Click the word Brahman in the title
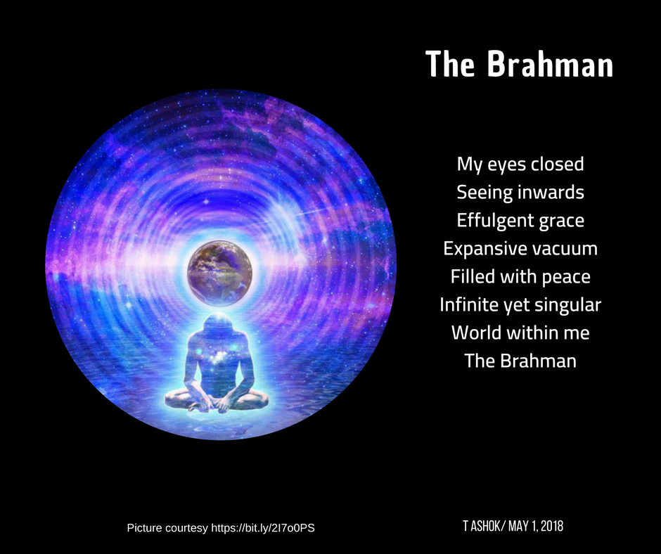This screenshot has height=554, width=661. click(x=550, y=64)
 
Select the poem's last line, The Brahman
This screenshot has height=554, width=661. click(x=520, y=361)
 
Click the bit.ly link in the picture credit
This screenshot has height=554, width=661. click(x=262, y=528)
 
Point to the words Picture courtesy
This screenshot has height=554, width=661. click(x=167, y=528)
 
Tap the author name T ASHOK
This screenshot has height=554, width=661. click(x=481, y=526)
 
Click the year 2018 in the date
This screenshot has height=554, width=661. click(x=552, y=526)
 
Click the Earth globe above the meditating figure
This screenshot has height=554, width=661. click(x=219, y=273)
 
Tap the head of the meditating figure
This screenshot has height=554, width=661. click(x=218, y=324)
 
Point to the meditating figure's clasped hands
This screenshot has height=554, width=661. click(x=217, y=404)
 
